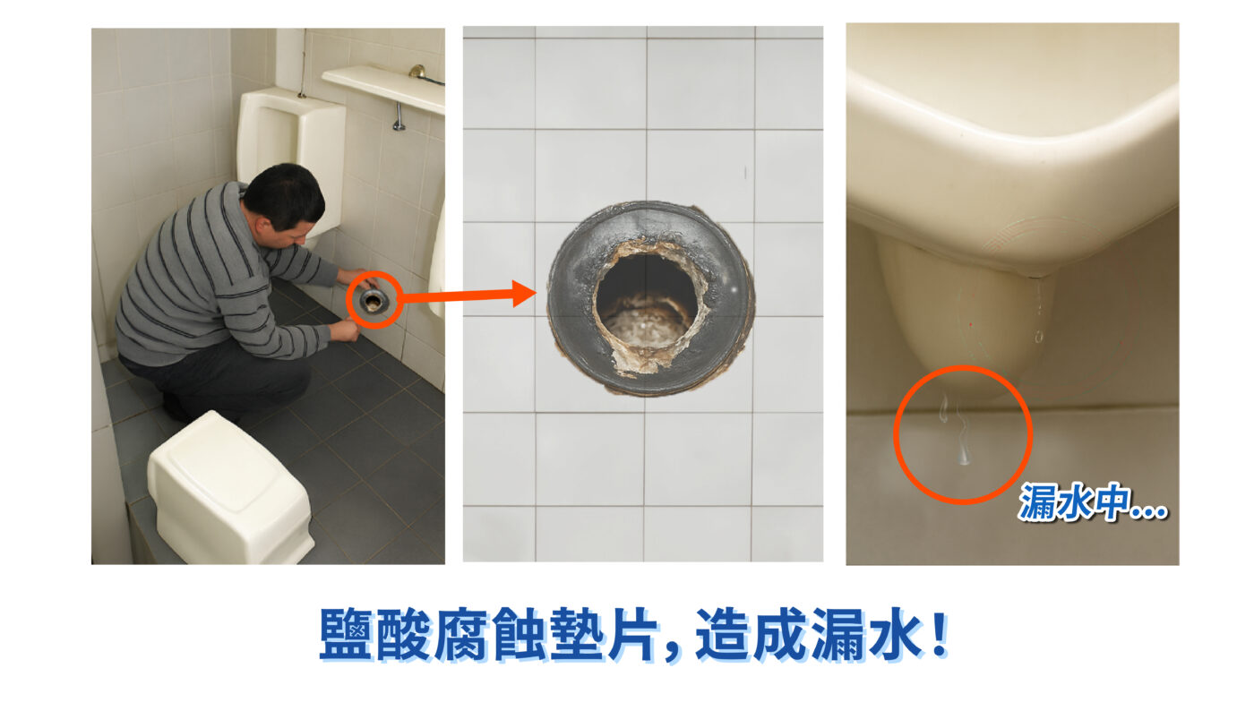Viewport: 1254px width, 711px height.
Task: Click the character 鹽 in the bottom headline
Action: [346, 634]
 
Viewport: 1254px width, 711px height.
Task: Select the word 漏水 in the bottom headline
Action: [865, 634]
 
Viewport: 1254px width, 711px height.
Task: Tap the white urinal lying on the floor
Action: [230, 488]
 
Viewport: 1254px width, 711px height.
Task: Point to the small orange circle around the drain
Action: [374, 299]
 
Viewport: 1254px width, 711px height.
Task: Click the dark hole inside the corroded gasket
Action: [647, 296]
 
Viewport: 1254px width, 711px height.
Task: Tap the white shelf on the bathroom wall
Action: [383, 88]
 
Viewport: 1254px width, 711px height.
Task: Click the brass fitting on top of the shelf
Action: [417, 72]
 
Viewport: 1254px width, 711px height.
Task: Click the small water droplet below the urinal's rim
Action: [1038, 336]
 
